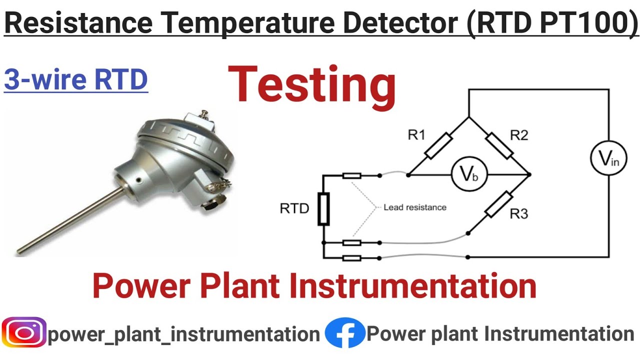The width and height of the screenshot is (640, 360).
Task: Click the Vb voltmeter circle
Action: (469, 175)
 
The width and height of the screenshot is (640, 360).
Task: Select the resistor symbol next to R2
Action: (499, 146)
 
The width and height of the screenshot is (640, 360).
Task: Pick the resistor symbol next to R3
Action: (499, 204)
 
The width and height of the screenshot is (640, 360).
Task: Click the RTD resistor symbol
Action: (323, 209)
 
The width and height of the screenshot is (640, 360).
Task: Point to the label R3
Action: (519, 214)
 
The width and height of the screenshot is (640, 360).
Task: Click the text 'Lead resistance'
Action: (414, 207)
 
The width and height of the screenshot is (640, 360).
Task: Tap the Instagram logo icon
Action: (23, 333)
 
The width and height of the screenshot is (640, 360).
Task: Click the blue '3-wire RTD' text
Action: (76, 80)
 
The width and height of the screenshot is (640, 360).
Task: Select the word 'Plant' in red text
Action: (242, 286)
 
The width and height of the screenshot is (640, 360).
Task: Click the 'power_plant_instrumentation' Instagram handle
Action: (183, 334)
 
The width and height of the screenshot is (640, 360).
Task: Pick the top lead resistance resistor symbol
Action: (352, 175)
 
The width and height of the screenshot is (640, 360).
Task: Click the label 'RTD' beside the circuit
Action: (294, 208)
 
